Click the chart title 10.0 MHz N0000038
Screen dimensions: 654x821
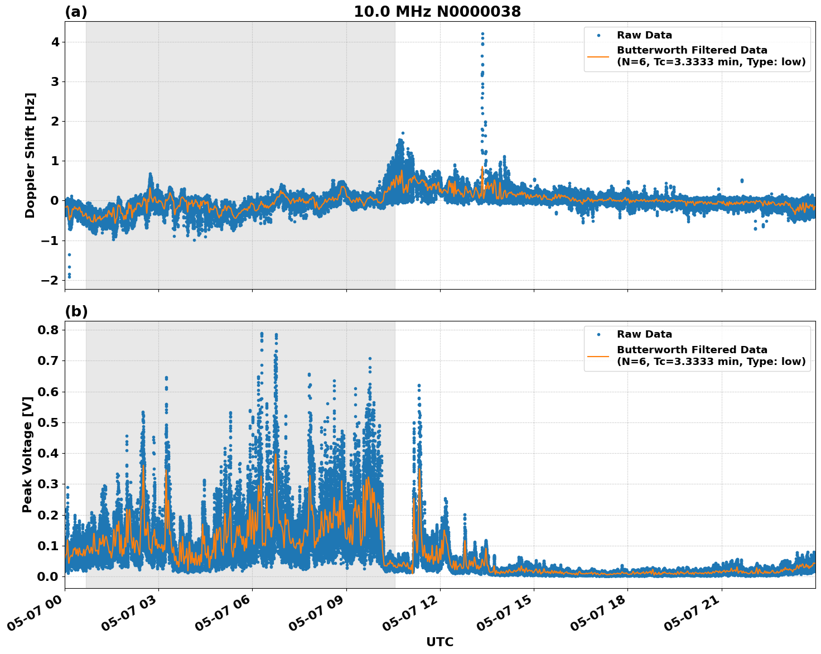tap(437, 12)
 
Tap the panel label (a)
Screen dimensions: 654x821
tap(76, 12)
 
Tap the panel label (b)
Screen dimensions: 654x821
tap(76, 311)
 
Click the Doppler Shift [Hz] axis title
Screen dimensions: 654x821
tap(30, 155)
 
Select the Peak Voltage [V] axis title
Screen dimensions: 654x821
tap(27, 454)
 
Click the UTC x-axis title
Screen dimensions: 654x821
tap(440, 642)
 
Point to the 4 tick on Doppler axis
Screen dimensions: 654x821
tap(55, 42)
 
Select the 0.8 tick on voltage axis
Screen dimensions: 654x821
tap(47, 330)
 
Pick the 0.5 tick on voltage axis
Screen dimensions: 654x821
tap(47, 422)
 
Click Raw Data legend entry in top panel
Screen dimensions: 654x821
tap(644, 35)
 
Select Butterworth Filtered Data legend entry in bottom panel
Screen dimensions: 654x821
tap(711, 355)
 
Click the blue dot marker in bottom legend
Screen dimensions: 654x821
tap(598, 334)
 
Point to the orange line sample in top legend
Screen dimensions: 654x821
tap(598, 56)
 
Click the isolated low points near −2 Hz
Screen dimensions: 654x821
tap(69, 275)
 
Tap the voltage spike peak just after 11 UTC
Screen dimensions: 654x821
tap(419, 386)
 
